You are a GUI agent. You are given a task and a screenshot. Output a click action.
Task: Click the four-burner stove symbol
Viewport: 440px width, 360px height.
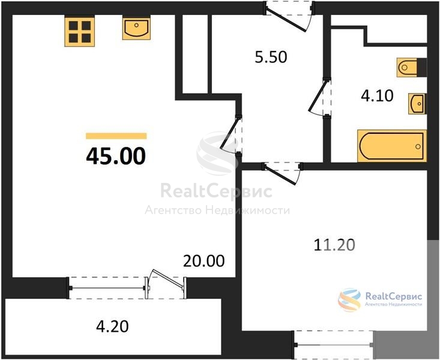79,31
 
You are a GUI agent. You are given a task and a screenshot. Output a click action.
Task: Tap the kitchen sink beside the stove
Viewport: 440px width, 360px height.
136,28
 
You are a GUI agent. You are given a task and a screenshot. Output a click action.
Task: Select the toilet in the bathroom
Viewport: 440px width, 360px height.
411,67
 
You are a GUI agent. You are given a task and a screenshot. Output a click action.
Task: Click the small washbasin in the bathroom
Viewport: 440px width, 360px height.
418,104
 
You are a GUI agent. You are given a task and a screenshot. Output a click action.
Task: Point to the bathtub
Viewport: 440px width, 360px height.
392,146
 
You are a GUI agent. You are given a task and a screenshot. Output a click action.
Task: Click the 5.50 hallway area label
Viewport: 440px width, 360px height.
271,57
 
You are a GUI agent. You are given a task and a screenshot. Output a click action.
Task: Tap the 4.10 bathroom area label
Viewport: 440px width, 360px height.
377,95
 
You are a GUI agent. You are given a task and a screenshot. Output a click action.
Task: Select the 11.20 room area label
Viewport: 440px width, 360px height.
334,245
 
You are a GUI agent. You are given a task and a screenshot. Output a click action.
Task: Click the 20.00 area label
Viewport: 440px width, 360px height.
203,261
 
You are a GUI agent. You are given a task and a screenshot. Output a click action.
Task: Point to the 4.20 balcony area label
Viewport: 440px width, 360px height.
112,326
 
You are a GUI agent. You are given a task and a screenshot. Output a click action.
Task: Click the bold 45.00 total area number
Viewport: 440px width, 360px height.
116,156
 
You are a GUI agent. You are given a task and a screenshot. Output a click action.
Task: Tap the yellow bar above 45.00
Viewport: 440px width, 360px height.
116,136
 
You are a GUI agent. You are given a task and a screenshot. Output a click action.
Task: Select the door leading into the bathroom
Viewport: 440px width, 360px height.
319,97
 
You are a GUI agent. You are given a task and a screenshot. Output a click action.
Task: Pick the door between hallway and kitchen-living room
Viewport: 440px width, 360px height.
231,134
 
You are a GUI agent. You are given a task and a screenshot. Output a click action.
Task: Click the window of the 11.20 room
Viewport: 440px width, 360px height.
334,345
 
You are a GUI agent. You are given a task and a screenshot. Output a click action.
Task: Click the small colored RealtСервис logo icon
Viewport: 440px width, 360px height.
349,299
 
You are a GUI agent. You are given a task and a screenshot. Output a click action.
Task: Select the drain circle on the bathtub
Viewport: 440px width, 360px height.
418,146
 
